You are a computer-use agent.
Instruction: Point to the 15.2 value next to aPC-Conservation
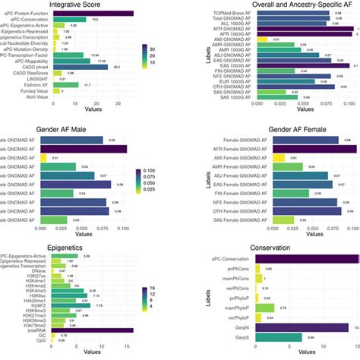(x=96, y=20)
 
